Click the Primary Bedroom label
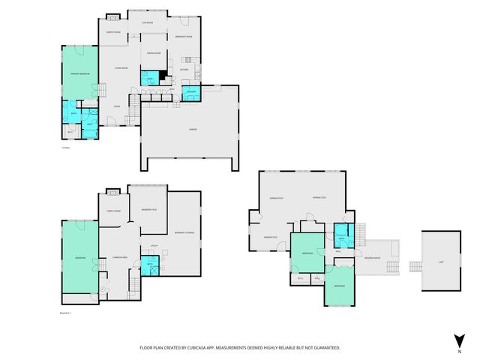pos(80,74)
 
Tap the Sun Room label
pos(148,23)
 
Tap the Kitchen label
pos(184,70)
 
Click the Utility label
pos(153,245)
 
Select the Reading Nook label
pos(372,256)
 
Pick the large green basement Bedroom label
pos(79,258)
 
